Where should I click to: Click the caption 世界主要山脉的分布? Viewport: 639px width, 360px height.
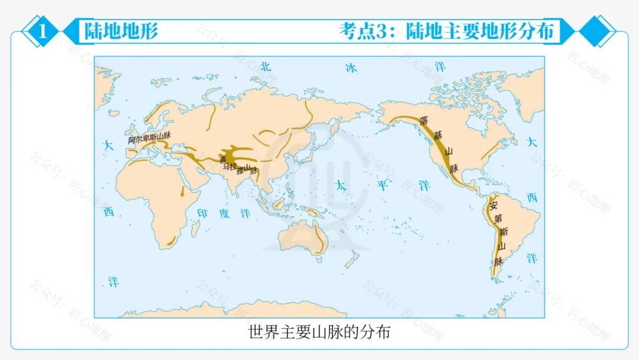[x=319, y=332]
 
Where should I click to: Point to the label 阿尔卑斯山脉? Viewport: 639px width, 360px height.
[x=149, y=139]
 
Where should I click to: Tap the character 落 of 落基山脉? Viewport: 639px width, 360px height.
[x=424, y=120]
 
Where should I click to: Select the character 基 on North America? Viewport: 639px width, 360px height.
[x=438, y=136]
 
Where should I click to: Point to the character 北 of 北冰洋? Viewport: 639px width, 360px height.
[x=266, y=67]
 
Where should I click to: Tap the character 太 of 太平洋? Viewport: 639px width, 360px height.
[x=340, y=185]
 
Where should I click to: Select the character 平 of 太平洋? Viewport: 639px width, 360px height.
[x=382, y=185]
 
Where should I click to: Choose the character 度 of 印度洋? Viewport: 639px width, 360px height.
[x=224, y=213]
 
